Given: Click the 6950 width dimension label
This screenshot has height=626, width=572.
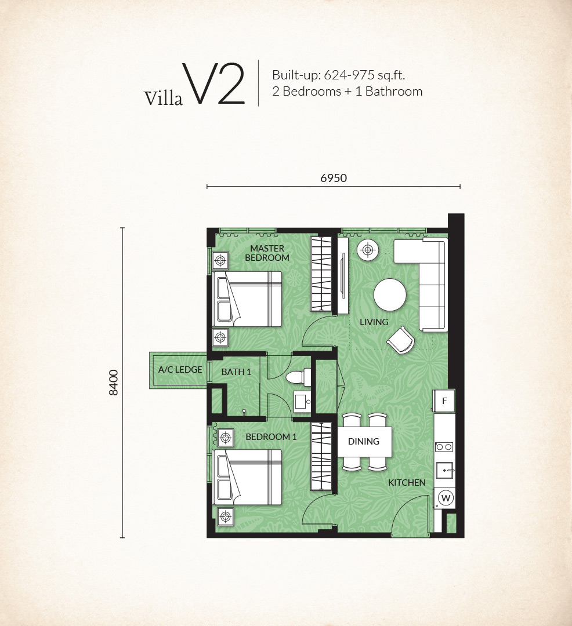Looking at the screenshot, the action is (334, 178).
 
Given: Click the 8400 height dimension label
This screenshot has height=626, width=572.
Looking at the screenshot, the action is (114, 383).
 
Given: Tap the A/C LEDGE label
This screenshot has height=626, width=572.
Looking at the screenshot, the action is (180, 370).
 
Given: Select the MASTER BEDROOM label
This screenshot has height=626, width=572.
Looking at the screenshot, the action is (267, 253).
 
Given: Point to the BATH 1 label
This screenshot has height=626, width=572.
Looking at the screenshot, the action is (236, 372).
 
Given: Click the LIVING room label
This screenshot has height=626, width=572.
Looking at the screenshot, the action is (374, 322).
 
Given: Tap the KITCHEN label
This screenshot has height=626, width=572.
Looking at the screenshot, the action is (407, 483).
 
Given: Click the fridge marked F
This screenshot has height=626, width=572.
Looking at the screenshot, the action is (444, 401).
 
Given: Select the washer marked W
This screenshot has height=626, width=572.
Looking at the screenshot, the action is (446, 498).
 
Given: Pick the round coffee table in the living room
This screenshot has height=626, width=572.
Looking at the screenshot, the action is (390, 294).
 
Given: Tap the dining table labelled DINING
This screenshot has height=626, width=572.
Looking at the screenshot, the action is (364, 442).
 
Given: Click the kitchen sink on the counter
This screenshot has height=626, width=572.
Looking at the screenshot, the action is (444, 470).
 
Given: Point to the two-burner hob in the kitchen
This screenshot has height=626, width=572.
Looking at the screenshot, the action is (444, 447).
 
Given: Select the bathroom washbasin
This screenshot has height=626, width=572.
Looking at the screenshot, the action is (302, 402).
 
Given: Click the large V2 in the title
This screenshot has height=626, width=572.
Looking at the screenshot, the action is (213, 84).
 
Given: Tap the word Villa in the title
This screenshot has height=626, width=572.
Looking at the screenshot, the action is (164, 98).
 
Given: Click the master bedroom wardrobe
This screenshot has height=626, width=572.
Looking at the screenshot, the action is (321, 274).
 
